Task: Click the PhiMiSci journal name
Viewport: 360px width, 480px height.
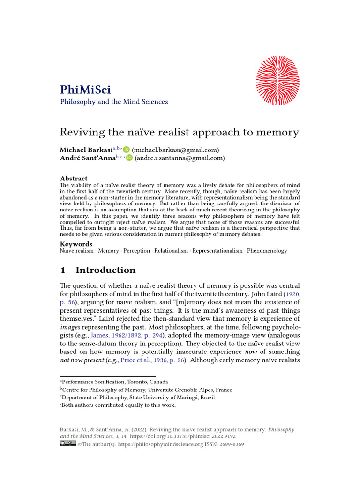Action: (85, 89)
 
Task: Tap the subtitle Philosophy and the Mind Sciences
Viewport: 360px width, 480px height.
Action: (114, 102)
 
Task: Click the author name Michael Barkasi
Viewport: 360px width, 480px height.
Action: (86, 150)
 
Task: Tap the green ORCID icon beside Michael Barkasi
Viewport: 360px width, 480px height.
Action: (127, 150)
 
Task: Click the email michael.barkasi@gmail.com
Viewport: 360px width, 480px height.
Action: (175, 150)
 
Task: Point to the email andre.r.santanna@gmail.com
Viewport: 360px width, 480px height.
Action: (180, 158)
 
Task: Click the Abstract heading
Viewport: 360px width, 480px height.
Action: (74, 179)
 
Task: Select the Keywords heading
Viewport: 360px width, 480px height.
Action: (76, 244)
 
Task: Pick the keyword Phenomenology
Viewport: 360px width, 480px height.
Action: (267, 251)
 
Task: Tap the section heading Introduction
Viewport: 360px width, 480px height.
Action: (105, 270)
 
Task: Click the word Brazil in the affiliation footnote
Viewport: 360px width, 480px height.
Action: (206, 397)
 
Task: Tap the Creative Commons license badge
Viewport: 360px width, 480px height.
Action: (67, 444)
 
